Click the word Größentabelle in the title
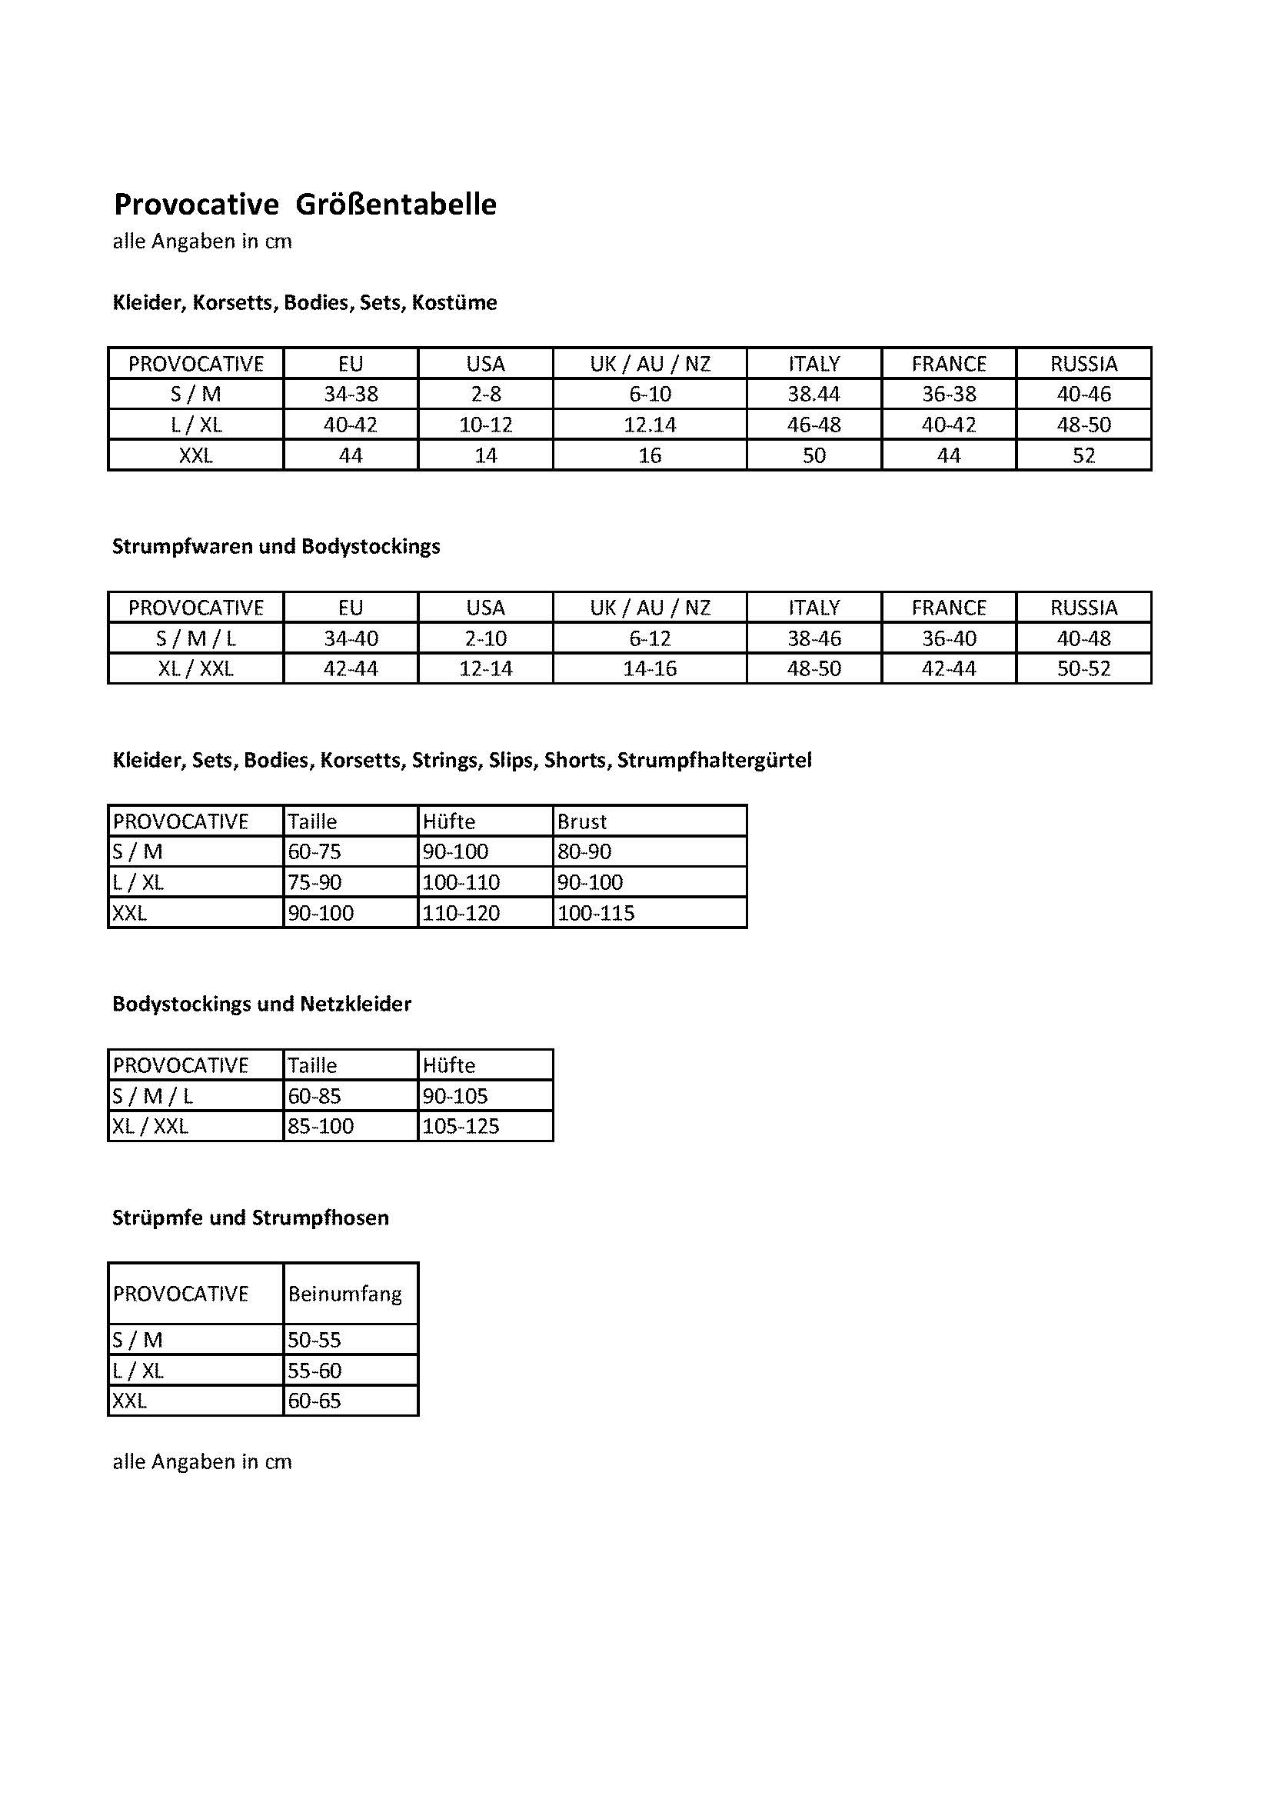tap(396, 205)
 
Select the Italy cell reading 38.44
tap(814, 394)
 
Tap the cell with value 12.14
tap(649, 425)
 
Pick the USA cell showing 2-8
tap(485, 394)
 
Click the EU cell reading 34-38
tap(350, 394)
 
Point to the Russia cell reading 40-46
tap(1083, 394)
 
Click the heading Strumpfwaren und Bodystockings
tap(276, 546)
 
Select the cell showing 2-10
tap(485, 638)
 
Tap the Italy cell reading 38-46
tap(814, 638)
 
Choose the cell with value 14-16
tap(649, 669)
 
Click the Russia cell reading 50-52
tap(1083, 669)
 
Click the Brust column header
tap(582, 821)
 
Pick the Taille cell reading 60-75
tap(314, 851)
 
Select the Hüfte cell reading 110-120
tap(461, 913)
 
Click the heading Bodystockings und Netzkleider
tap(261, 1004)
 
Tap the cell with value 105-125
tap(461, 1126)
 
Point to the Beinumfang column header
tap(344, 1294)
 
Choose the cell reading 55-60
tap(314, 1371)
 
